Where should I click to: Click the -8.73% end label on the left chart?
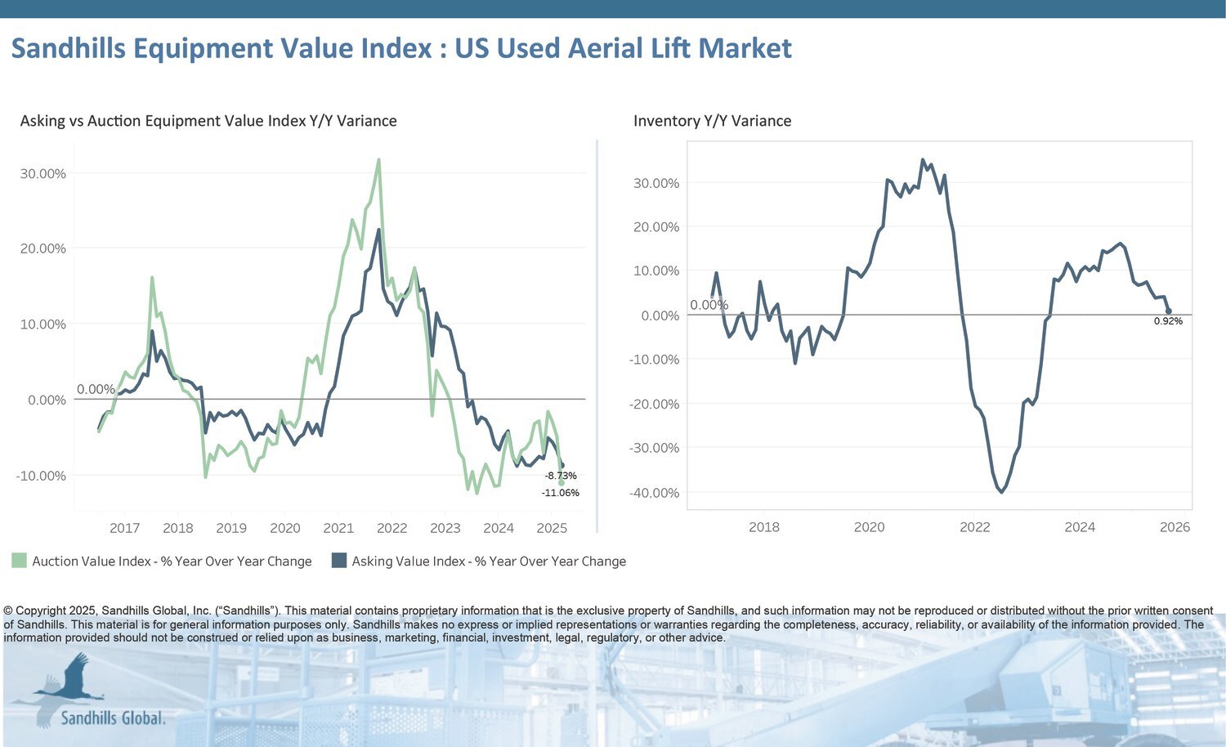coord(561,476)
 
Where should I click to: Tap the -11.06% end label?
coord(560,493)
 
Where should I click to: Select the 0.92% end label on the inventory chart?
coord(1168,321)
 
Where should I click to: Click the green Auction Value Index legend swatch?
coord(19,561)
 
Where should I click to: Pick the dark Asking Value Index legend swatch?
coord(338,561)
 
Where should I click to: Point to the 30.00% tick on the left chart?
coord(43,173)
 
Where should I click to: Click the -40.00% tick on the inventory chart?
coord(654,493)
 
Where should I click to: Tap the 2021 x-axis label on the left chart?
coord(338,528)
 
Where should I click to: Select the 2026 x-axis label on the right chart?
coord(1175,527)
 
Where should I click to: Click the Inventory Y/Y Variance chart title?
coord(712,121)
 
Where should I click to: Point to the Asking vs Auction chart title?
coord(208,121)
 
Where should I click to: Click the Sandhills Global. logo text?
coord(113,718)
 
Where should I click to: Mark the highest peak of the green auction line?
coord(378,159)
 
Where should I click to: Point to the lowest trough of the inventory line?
coord(1001,492)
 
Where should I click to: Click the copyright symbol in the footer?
coord(8,611)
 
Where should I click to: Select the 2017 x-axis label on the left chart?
coord(124,528)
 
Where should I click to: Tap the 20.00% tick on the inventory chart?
coord(656,227)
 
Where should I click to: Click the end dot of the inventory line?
coord(1169,311)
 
